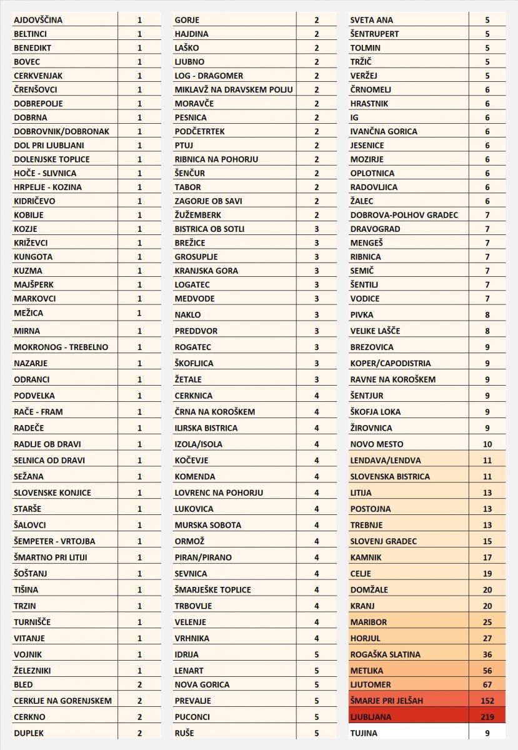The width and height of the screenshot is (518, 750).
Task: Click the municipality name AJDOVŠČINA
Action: tap(38, 20)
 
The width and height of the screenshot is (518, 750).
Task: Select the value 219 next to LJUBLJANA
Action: tap(487, 717)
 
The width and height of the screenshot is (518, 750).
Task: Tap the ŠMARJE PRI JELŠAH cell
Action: tap(391, 701)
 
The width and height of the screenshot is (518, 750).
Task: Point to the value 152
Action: tap(487, 701)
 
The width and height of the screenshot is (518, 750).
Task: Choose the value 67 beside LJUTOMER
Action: tap(487, 684)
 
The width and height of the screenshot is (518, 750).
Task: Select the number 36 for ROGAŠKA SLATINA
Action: tap(487, 654)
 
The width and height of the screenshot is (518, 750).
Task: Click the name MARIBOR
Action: tap(369, 622)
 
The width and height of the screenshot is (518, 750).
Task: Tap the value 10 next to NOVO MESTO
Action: tap(487, 444)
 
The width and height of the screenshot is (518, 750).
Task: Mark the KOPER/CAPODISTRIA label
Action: tap(391, 363)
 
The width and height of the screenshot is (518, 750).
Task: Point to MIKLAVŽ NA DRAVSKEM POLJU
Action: tap(234, 89)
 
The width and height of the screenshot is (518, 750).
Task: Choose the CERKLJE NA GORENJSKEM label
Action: tap(62, 701)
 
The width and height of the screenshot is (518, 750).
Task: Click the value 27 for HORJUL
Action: tap(487, 638)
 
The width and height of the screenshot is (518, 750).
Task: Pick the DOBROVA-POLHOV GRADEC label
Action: tap(404, 215)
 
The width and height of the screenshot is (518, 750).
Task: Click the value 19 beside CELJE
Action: tap(487, 573)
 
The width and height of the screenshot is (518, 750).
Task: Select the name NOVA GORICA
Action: tap(202, 684)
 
